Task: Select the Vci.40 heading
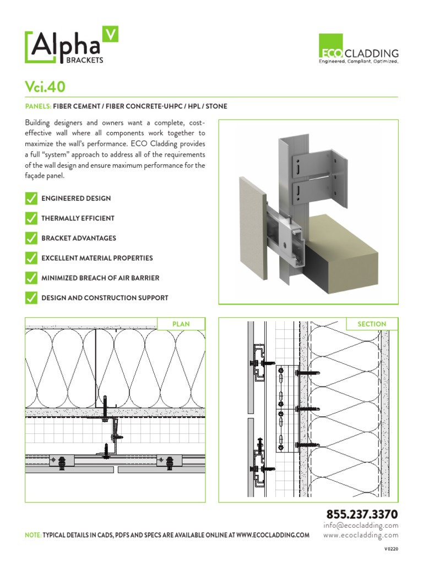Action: click(x=46, y=87)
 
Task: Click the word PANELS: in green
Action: click(x=38, y=106)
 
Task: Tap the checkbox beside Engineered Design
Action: click(x=31, y=198)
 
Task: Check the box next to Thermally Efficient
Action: click(x=31, y=218)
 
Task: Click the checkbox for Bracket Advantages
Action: click(x=31, y=238)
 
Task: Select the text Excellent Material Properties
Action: click(x=97, y=258)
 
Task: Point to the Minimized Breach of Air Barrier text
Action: click(x=100, y=278)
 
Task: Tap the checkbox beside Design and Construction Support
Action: click(x=31, y=298)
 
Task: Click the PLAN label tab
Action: click(x=181, y=324)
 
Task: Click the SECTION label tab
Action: click(x=372, y=324)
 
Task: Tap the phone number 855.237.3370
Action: click(x=362, y=515)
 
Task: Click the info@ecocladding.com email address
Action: click(x=361, y=526)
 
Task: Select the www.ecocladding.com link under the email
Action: click(x=361, y=535)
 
